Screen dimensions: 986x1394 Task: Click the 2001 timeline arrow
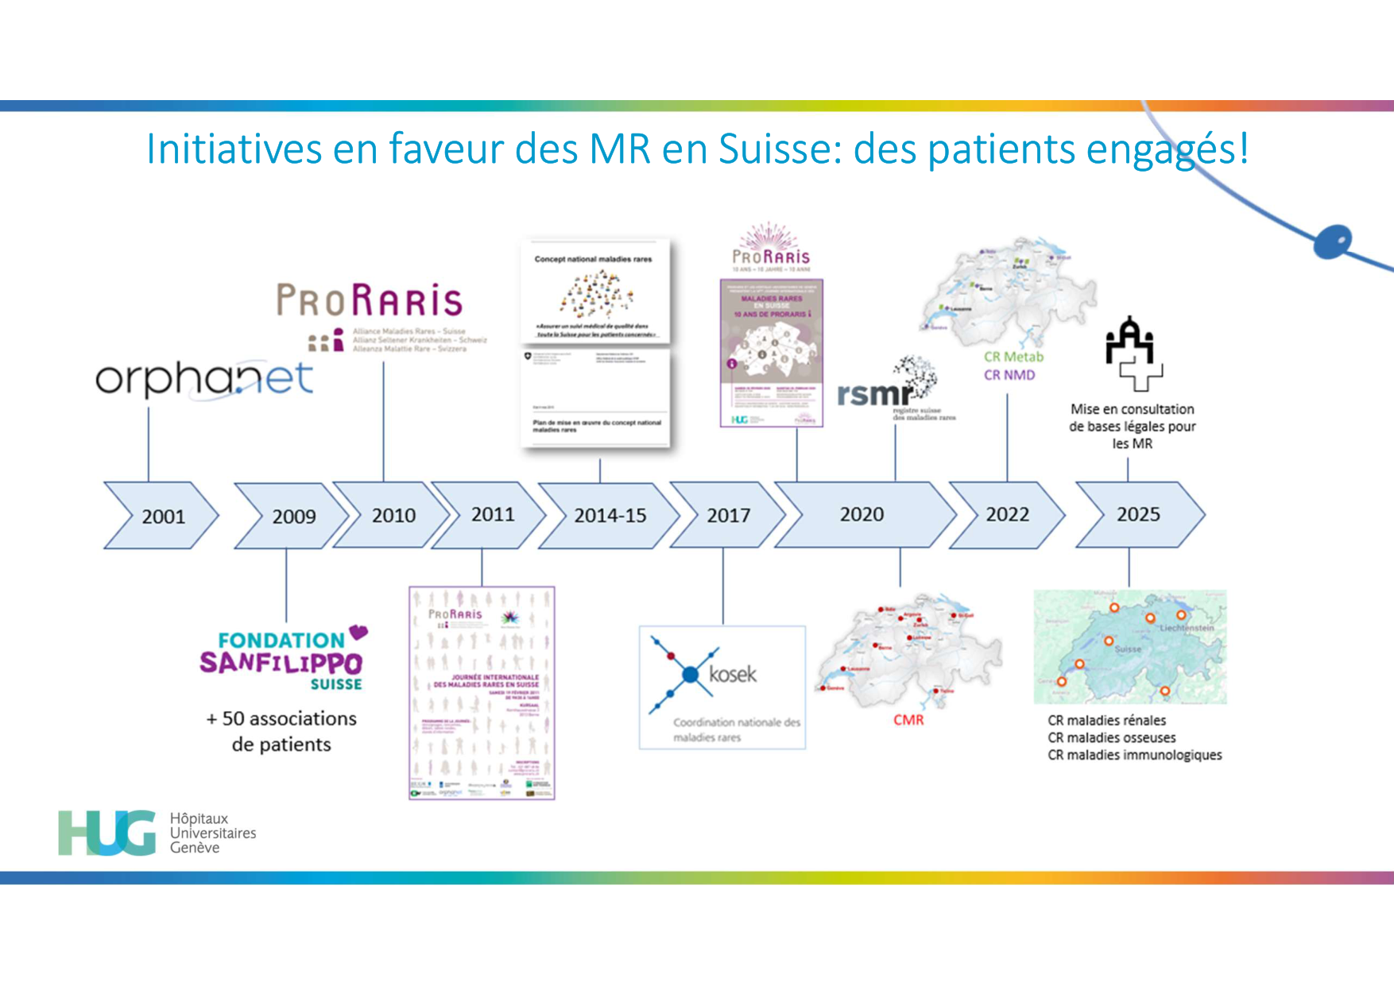click(162, 516)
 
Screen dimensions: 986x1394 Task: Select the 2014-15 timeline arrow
click(610, 516)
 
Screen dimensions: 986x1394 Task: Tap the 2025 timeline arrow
click(1139, 514)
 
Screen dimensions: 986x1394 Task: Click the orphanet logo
click(204, 379)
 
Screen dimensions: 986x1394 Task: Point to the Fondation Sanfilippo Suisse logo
click(284, 659)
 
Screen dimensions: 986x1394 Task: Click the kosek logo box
click(722, 687)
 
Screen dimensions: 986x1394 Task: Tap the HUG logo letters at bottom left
click(107, 833)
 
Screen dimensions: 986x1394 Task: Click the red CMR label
click(908, 720)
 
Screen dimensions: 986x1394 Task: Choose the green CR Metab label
click(1013, 357)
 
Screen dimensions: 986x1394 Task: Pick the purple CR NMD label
click(1009, 375)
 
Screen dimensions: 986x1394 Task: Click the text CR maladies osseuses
click(1111, 737)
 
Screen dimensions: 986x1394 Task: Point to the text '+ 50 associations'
click(281, 718)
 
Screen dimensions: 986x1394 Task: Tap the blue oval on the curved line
click(1333, 241)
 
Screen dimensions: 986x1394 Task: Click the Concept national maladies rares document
click(596, 291)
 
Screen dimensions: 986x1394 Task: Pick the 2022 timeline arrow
click(1007, 514)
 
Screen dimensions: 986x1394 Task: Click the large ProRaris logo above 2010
click(370, 301)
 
